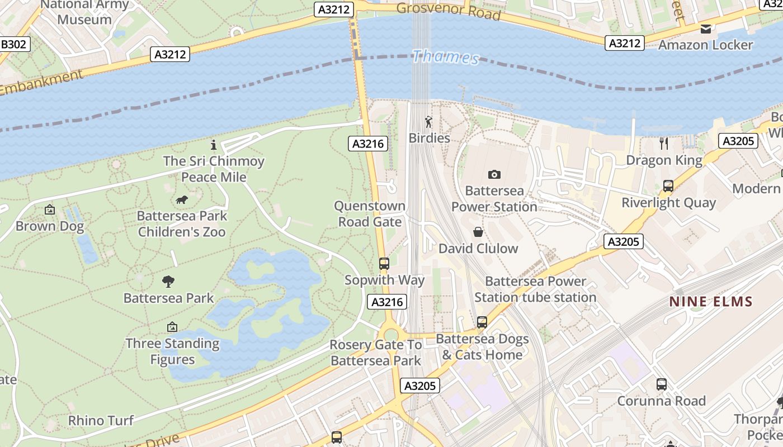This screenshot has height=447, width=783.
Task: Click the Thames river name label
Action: pyautogui.click(x=446, y=57)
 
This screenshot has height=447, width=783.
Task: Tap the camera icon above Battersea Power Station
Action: pyautogui.click(x=494, y=174)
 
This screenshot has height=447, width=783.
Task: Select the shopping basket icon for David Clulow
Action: pyautogui.click(x=478, y=232)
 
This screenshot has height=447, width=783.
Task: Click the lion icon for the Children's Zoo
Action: pyautogui.click(x=182, y=200)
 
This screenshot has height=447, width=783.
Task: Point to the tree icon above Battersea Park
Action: pyautogui.click(x=168, y=281)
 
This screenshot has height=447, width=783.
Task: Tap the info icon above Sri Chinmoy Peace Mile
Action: pyautogui.click(x=213, y=145)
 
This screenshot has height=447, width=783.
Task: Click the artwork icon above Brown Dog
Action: pyautogui.click(x=50, y=210)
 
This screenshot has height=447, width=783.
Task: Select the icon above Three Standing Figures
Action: pyautogui.click(x=172, y=327)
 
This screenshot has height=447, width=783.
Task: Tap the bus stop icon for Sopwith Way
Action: pyautogui.click(x=384, y=263)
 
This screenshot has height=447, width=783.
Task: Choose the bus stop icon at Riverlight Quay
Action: pyautogui.click(x=668, y=186)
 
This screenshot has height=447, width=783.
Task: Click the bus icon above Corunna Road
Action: pyautogui.click(x=662, y=384)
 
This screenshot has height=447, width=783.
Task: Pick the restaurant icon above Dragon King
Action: pyautogui.click(x=664, y=144)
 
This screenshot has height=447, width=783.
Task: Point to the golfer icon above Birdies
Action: pyautogui.click(x=429, y=122)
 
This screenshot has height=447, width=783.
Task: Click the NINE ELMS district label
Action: pyautogui.click(x=711, y=302)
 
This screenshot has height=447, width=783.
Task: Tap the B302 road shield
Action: pyautogui.click(x=14, y=44)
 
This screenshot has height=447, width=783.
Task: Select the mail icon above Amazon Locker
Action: pyautogui.click(x=706, y=29)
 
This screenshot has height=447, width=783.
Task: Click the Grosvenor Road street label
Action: pyautogui.click(x=448, y=11)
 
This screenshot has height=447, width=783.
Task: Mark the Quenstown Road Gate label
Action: pyautogui.click(x=369, y=214)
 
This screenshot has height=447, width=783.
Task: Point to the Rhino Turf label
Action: pyautogui.click(x=101, y=420)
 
